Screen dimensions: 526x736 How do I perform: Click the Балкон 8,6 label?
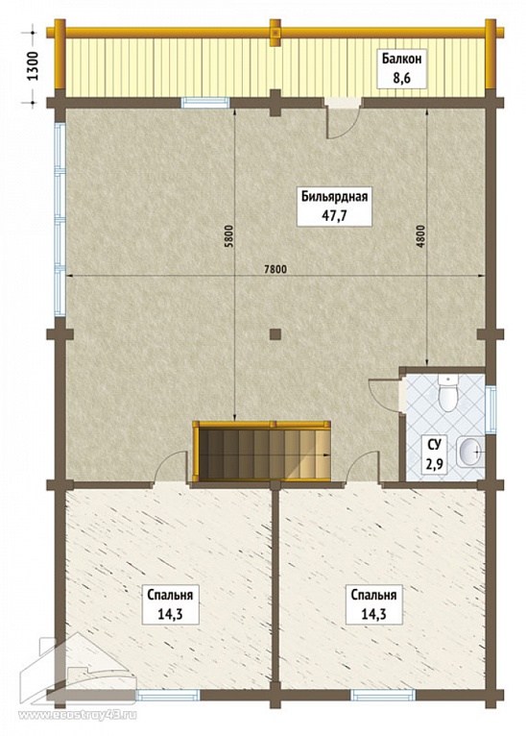(401, 68)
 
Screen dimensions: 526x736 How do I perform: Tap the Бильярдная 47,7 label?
(334, 206)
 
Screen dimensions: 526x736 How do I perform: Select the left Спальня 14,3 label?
(170, 604)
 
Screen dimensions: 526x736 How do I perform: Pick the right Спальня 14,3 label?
(373, 604)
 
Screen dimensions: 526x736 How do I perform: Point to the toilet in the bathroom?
(447, 393)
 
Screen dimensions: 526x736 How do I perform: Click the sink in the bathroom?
(468, 452)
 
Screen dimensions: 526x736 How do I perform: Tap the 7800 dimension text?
(275, 269)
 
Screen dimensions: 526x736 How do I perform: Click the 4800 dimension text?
(420, 237)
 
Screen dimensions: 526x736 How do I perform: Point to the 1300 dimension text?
(33, 65)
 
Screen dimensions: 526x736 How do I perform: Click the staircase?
(262, 451)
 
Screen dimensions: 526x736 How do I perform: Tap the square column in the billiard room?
(275, 334)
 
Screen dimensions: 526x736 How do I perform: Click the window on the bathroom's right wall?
(490, 408)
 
